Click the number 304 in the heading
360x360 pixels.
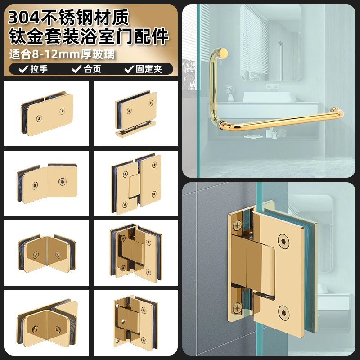coord(24,18)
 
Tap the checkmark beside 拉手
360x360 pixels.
coord(24,69)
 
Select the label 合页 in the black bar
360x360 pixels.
coord(93,69)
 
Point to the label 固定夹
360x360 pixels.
coord(149,69)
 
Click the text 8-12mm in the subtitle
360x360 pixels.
coord(56,54)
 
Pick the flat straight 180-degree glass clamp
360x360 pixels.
coord(47,114)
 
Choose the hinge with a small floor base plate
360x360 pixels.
coord(136,114)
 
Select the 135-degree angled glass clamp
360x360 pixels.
coord(47,183)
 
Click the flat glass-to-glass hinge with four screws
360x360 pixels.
coord(136,184)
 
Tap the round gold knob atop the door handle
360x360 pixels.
coord(222,53)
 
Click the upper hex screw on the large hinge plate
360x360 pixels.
coord(283,242)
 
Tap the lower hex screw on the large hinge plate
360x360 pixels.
coord(284,313)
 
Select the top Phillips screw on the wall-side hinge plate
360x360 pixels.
coord(237,225)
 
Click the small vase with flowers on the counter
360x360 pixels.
coord(230,94)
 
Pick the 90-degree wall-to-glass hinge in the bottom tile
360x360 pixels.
coord(136,321)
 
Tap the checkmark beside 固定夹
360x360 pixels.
coord(129,69)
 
